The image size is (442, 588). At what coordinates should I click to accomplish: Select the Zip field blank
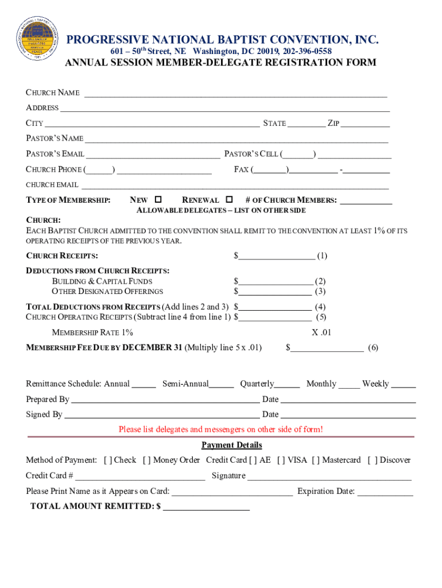[x=366, y=124]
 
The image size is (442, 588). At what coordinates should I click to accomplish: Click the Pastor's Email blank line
[x=153, y=154]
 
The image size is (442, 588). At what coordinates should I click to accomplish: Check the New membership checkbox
[x=158, y=199]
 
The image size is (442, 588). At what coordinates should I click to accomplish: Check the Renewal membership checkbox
[x=230, y=199]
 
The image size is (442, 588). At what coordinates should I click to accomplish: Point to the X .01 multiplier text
[x=321, y=332]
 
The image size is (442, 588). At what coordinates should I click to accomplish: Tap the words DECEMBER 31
[x=152, y=347]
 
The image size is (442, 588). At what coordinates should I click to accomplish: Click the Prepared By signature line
[x=164, y=400]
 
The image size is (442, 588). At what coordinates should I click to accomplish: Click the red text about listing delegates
[x=220, y=430]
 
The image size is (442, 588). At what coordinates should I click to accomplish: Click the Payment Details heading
[x=231, y=445]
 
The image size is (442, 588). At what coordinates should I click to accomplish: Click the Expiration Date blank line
[x=385, y=492]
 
